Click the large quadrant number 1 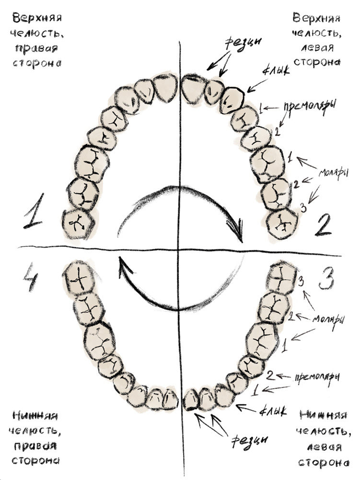click(x=34, y=211)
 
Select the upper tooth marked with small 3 click(x=282, y=223)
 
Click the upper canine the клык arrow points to click(x=232, y=99)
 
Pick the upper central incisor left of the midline click(x=164, y=88)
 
